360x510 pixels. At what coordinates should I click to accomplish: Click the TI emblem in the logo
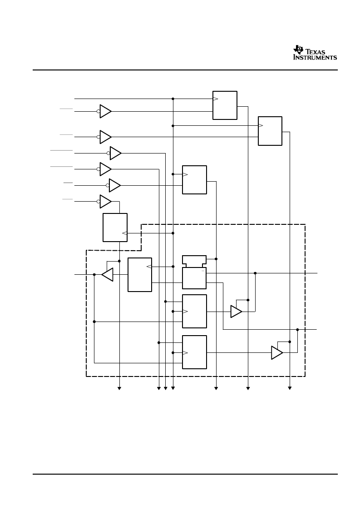click(298, 50)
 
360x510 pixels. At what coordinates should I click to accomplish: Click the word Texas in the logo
click(315, 52)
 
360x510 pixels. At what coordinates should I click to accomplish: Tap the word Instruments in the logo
click(315, 58)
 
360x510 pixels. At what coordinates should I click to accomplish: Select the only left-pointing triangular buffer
click(107, 274)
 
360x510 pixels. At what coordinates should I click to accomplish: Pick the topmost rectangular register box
click(225, 105)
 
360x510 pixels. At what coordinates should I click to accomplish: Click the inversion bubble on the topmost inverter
click(98, 111)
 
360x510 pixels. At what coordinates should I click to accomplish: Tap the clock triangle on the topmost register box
click(215, 99)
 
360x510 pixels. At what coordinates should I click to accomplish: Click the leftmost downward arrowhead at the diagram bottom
click(119, 388)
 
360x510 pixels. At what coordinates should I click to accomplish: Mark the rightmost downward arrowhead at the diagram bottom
click(290, 388)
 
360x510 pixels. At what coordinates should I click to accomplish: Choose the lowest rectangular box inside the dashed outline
click(194, 352)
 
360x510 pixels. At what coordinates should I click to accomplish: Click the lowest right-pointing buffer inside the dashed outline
click(277, 352)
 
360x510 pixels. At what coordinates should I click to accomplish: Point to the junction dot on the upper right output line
click(255, 273)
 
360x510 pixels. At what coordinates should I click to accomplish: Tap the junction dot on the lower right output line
click(297, 330)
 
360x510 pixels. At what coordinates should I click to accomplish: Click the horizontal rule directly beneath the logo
click(185, 70)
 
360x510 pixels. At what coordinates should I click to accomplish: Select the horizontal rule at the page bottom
click(185, 474)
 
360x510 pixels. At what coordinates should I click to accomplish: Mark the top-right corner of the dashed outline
click(305, 224)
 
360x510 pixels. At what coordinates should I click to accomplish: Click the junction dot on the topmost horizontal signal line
click(173, 99)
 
